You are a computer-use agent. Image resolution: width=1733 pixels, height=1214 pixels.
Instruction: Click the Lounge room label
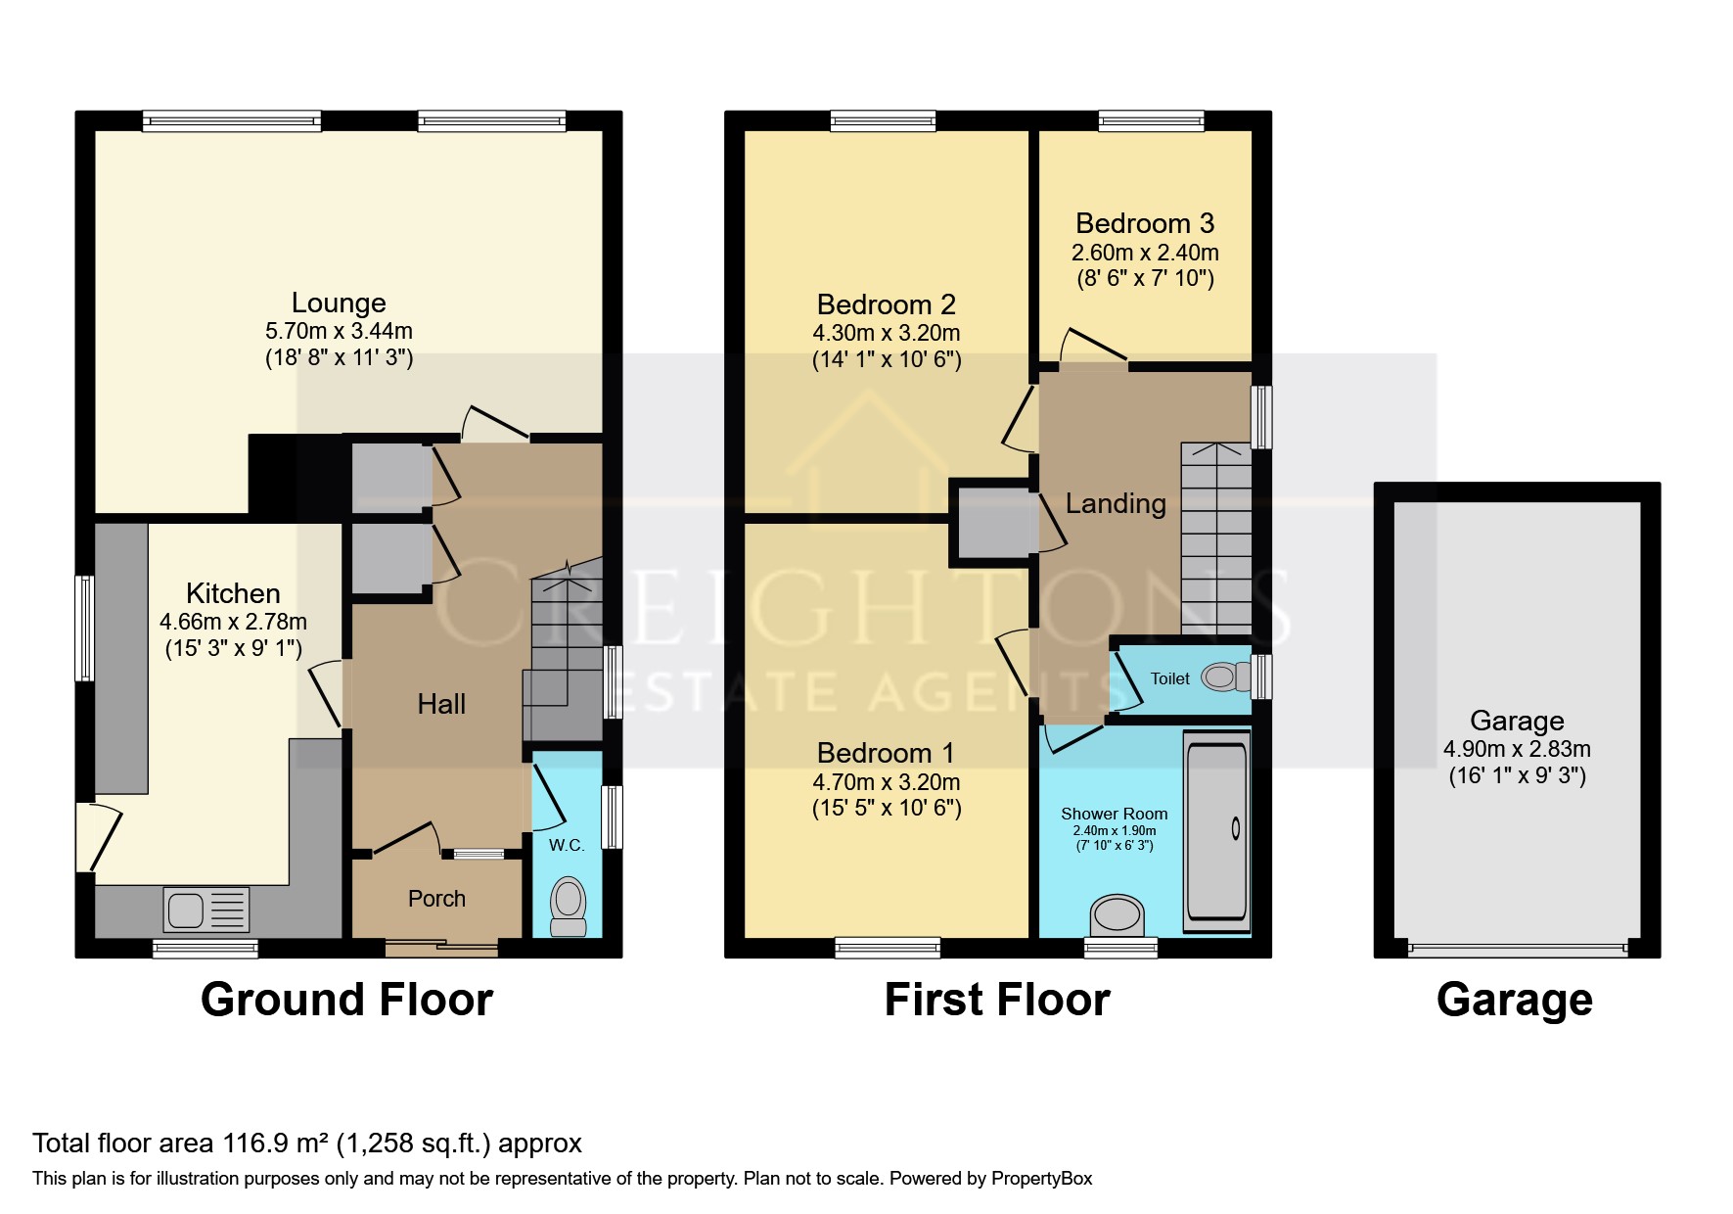(339, 303)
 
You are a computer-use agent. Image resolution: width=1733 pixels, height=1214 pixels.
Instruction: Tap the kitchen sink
(207, 910)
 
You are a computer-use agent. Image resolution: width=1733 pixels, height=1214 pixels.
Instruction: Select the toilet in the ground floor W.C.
(568, 908)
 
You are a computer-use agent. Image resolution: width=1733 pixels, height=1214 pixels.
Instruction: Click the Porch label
(436, 899)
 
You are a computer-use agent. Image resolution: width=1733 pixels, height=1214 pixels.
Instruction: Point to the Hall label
(441, 704)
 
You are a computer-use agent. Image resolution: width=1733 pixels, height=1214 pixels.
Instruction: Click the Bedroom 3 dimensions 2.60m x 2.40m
(1145, 253)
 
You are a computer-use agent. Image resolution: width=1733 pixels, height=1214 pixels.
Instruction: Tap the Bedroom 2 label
(886, 304)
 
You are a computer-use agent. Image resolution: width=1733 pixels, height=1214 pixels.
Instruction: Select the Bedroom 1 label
(886, 753)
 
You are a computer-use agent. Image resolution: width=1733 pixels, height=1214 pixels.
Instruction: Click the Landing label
(1116, 503)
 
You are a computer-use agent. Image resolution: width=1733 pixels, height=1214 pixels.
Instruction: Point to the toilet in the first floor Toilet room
(1226, 677)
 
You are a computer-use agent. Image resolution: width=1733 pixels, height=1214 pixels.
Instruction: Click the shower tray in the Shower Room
(1216, 832)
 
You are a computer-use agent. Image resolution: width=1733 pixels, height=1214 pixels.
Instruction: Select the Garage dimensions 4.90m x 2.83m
(1517, 749)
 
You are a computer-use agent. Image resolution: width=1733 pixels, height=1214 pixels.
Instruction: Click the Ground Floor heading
(346, 1000)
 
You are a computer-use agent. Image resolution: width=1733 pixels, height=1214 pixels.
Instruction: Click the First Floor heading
(997, 1000)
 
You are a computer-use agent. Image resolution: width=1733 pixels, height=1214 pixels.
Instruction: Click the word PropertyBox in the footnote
(1041, 1178)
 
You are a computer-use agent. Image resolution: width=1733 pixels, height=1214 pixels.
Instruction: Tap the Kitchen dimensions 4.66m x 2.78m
(233, 622)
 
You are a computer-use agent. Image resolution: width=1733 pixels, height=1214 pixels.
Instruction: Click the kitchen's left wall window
(85, 628)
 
